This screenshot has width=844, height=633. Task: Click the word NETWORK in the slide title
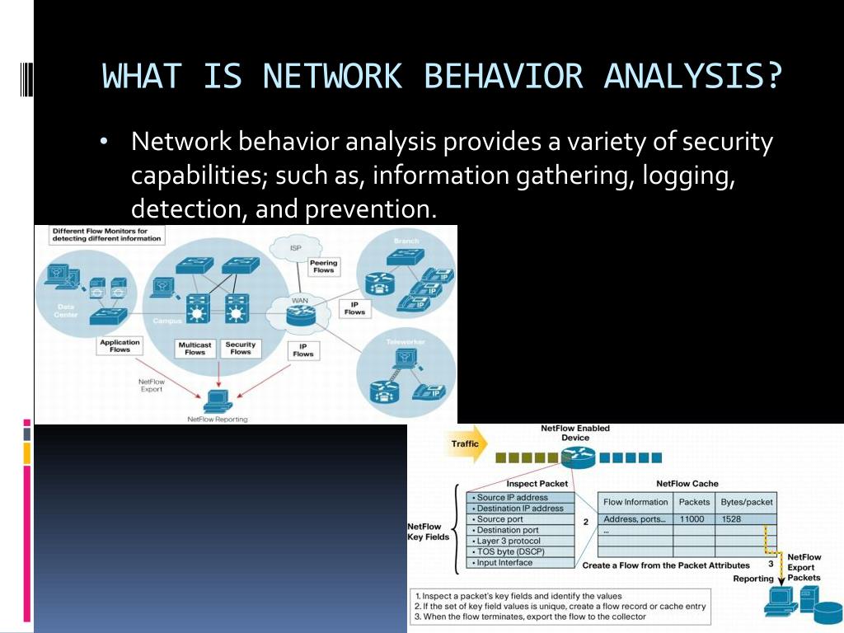[x=332, y=77]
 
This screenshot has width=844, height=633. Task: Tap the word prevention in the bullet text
[x=368, y=209]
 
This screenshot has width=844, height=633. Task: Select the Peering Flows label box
[x=324, y=266]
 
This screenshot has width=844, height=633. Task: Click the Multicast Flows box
[x=195, y=348]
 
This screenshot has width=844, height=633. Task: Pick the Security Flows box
[x=241, y=348]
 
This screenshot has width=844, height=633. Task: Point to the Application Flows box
[x=120, y=345]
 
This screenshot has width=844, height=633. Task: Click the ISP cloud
[x=296, y=248]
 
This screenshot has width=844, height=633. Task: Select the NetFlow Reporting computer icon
[x=217, y=401]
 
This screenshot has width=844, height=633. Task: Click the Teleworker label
[x=406, y=340]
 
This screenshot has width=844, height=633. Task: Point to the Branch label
[x=406, y=241]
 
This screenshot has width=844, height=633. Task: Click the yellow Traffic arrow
[x=467, y=444]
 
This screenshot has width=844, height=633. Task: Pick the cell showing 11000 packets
[x=693, y=519]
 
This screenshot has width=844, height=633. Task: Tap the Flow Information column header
[x=635, y=502]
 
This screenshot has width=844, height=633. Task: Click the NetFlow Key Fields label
[x=429, y=532]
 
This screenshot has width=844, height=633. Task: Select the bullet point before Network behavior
[x=104, y=143]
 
